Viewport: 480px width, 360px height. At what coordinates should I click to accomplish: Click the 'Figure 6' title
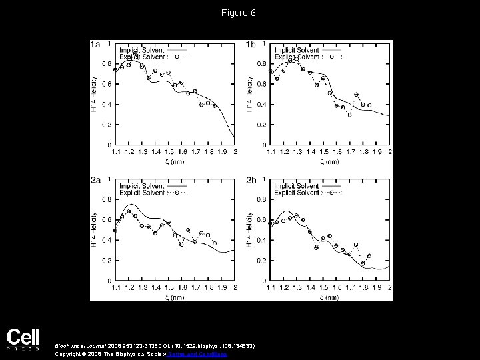(240, 13)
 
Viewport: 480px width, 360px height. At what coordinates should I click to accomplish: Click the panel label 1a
(95, 45)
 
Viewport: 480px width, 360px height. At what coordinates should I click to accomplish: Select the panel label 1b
(251, 45)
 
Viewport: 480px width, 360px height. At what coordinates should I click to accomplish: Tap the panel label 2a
(95, 180)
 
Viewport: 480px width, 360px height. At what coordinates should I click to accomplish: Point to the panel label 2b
(251, 180)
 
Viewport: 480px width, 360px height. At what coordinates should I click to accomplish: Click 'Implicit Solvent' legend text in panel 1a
(141, 50)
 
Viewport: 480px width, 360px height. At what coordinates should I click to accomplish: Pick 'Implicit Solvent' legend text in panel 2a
(141, 185)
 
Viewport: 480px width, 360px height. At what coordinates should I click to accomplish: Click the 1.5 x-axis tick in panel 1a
(170, 152)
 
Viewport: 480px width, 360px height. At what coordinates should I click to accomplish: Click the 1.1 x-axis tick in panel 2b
(271, 287)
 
